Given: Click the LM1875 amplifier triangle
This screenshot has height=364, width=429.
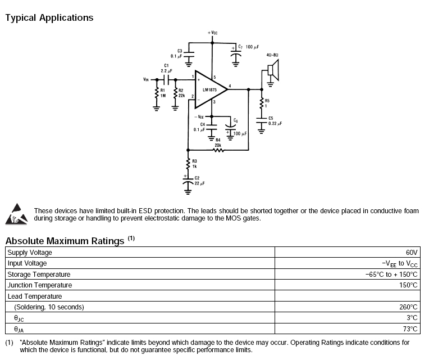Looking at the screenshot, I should tap(209, 88).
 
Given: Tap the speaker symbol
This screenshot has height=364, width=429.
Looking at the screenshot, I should tap(271, 69).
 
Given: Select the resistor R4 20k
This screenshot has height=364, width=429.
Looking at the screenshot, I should tap(218, 150).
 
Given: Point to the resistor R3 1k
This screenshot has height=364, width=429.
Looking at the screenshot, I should tap(188, 164).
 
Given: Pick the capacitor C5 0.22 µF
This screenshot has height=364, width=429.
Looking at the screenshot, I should tap(261, 120).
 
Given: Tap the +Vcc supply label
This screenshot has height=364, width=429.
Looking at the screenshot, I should tap(212, 33).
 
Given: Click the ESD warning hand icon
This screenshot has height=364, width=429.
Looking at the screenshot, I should tap(17, 214).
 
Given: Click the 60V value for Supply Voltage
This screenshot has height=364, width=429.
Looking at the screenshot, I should tap(412, 253).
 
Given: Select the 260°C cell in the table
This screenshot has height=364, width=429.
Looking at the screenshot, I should tap(408, 307).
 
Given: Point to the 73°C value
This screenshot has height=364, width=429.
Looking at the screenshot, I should tap(410, 329).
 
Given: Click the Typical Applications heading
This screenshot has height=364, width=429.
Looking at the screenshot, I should tap(49, 17).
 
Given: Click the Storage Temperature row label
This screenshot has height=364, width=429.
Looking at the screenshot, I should tap(39, 275).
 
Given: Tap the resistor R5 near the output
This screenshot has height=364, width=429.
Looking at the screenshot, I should tap(261, 103).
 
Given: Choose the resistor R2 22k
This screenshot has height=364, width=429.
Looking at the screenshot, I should tap(176, 93).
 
